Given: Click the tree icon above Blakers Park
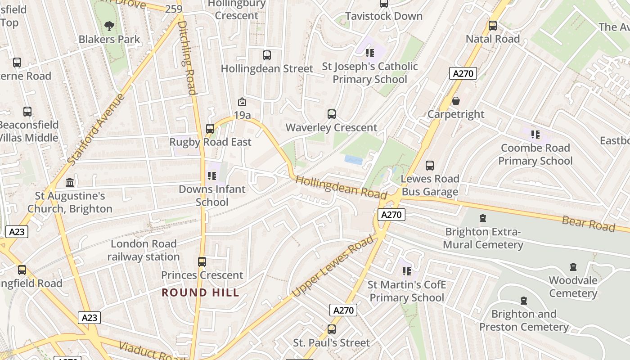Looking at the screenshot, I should tap(109, 26).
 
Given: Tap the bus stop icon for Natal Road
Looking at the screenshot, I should tap(493, 26).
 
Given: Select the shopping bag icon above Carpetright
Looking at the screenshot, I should tap(456, 101).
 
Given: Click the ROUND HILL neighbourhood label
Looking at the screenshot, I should tap(200, 292).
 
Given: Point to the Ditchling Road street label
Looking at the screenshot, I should tap(188, 54).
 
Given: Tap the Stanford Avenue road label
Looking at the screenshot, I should tap(95, 128).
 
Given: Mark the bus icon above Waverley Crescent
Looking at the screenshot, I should tap(332, 114).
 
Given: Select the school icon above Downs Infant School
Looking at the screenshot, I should tap(211, 176).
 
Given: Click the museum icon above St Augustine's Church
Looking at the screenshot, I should tap(70, 183).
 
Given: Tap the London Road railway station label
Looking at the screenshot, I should tap(144, 250).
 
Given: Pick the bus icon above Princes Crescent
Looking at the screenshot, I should tap(202, 262).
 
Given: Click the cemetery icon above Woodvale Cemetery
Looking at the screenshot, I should tap(573, 267).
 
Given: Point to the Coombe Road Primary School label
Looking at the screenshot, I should tap(535, 154).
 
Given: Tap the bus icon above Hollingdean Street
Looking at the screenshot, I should tap(267, 55).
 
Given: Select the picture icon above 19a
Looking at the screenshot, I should tap(242, 102).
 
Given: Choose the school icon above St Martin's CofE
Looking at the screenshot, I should tap(407, 271).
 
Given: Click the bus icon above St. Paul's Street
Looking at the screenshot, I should tap(332, 329).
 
